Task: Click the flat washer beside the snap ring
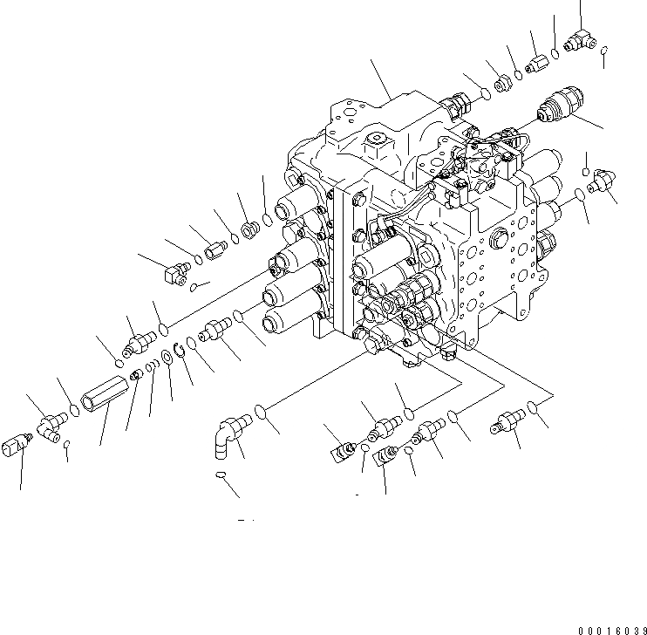(166, 358)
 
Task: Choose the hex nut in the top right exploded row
(503, 85)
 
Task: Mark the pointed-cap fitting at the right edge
(602, 181)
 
